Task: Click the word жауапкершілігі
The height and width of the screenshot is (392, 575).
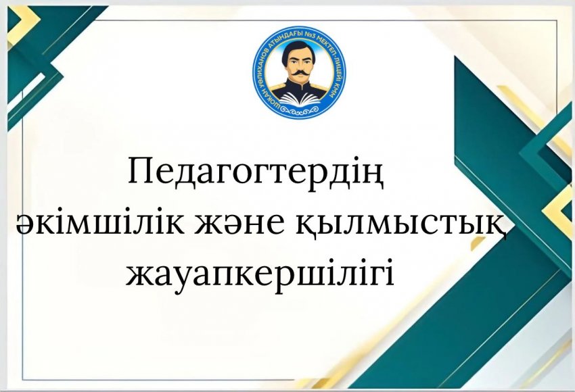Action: coord(260,274)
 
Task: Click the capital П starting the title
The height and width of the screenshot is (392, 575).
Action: coord(140,174)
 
